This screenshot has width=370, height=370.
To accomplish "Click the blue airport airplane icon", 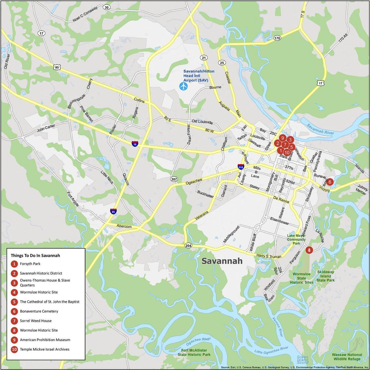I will click(183, 86).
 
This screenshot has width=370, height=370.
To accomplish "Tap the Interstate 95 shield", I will click(113, 211).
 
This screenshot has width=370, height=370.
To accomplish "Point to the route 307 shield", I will click(174, 179).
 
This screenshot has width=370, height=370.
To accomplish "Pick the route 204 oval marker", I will click(188, 246).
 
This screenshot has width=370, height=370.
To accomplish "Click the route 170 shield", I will click(277, 38).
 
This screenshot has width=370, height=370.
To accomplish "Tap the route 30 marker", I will click(106, 7).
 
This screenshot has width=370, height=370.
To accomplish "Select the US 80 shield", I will click(57, 67).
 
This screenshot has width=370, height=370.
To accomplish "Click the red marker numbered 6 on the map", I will click(330, 182).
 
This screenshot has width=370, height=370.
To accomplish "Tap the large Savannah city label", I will click(222, 261).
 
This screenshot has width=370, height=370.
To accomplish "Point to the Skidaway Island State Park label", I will click(326, 276).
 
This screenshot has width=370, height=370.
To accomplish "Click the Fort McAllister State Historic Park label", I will click(194, 352).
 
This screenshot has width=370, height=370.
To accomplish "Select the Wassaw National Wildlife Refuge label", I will click(347, 357).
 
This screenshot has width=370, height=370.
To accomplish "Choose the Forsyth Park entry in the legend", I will click(30, 264).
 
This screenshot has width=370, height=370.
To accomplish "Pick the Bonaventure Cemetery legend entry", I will click(39, 311).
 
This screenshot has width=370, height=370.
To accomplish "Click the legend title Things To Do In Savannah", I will click(35, 255).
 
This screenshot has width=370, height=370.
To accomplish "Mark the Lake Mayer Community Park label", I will click(296, 239).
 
